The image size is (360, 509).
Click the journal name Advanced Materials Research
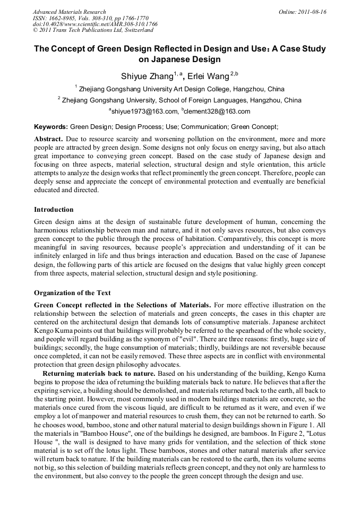[x=69, y=12]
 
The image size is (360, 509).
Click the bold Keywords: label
[x=51, y=127]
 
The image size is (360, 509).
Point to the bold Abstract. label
[x=49, y=139]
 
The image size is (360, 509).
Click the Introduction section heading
[x=54, y=210]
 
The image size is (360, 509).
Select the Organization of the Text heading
[x=72, y=292]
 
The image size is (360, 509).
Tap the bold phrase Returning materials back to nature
[x=99, y=374]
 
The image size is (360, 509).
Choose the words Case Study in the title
[x=302, y=49]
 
